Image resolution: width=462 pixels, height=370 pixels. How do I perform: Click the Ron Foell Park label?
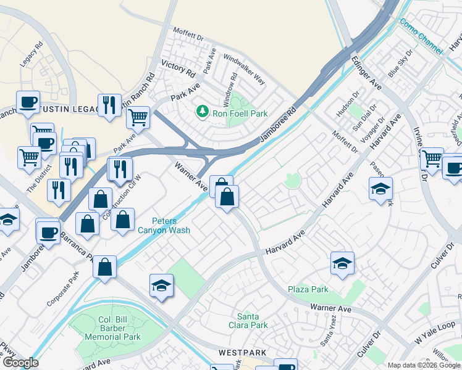(x=240, y=113)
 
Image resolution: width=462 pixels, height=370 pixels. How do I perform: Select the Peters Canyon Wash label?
(x=172, y=226)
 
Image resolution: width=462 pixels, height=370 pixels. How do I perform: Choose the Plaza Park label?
(x=308, y=289)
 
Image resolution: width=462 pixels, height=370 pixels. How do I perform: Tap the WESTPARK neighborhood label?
(x=242, y=353)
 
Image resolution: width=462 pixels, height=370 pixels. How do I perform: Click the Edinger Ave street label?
(x=367, y=72)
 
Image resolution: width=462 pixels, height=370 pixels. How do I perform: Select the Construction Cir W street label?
(x=122, y=199)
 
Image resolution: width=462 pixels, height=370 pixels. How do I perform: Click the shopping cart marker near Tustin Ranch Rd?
(x=140, y=116)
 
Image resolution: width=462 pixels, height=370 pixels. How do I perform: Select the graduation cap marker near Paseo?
(x=380, y=189)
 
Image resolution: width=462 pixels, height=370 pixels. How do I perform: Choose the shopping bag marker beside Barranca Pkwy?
(x=105, y=267)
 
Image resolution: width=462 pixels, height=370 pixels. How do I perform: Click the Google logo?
(x=20, y=363)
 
